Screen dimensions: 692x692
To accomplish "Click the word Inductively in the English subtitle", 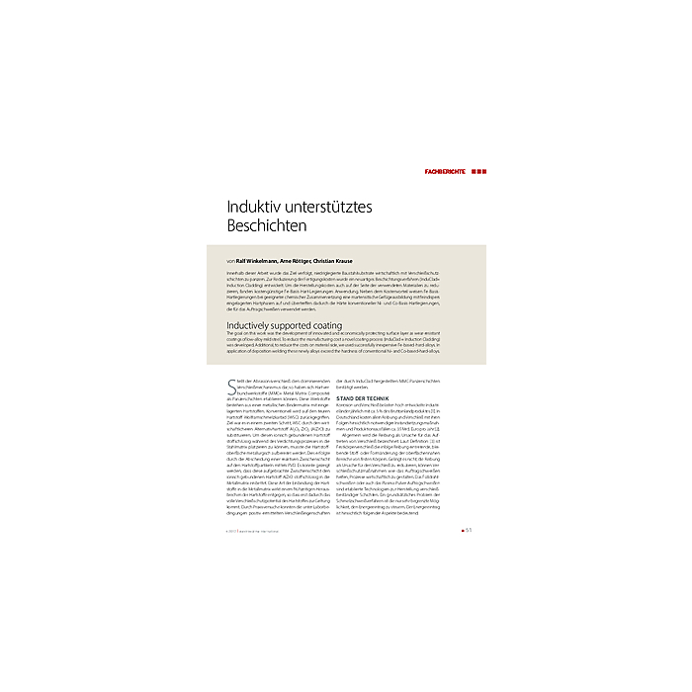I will click(x=250, y=324).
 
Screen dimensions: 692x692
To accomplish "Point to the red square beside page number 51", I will click(x=463, y=529).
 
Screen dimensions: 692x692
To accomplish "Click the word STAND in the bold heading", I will click(x=347, y=397).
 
